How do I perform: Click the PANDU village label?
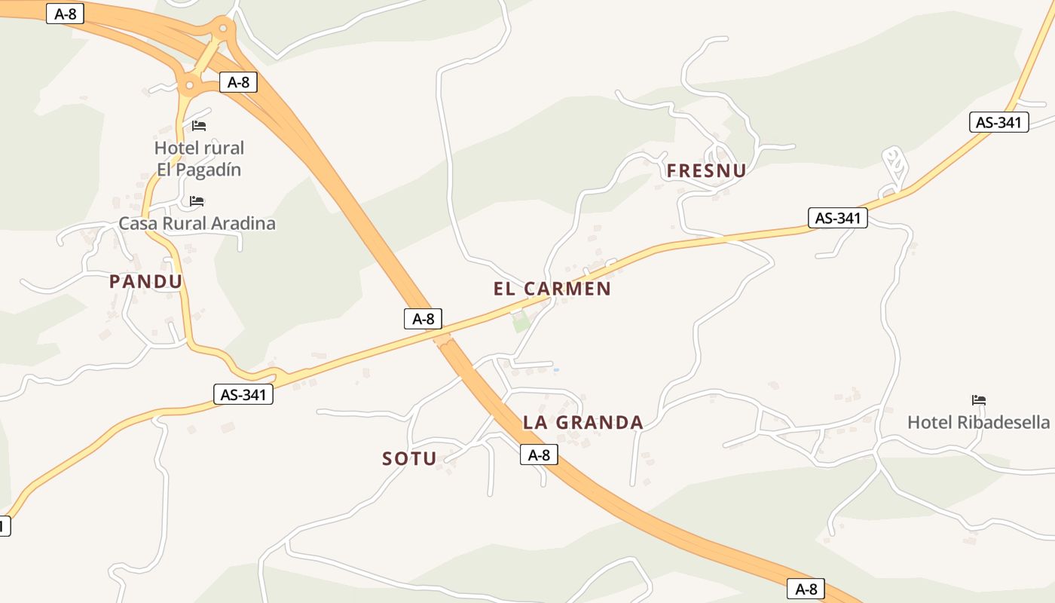(146, 282)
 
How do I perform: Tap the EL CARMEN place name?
(552, 289)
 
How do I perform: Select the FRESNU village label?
(706, 171)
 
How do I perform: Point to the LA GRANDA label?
(583, 423)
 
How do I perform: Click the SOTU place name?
(409, 458)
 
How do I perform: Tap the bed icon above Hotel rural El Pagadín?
(199, 125)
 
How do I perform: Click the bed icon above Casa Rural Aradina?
(197, 201)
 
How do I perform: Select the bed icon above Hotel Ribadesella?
(979, 399)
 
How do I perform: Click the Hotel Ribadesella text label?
(978, 422)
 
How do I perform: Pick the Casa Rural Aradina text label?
(197, 224)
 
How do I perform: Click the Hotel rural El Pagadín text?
(199, 158)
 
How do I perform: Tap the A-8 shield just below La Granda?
(539, 455)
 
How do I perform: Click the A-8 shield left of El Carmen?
(423, 319)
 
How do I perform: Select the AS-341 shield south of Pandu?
(243, 394)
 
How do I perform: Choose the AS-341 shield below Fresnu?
(837, 219)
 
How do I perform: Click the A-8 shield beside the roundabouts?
(238, 82)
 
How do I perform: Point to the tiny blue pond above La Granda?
(556, 370)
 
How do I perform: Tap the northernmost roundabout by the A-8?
(222, 29)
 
